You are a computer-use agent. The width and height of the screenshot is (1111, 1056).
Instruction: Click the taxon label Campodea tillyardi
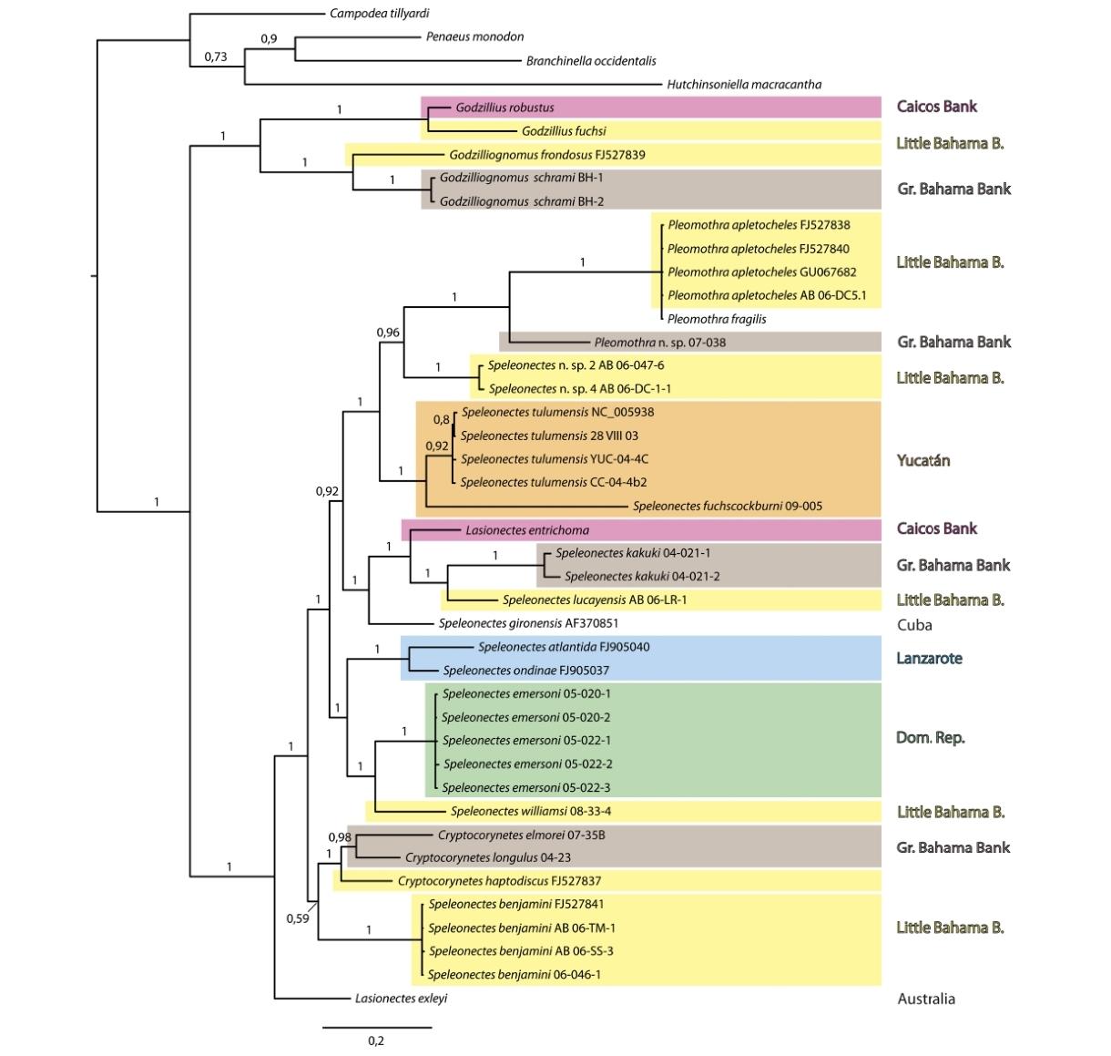pos(379,13)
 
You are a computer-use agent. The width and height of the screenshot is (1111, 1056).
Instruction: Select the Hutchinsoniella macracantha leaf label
pos(744,84)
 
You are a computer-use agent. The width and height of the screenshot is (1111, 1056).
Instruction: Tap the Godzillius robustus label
pos(505,107)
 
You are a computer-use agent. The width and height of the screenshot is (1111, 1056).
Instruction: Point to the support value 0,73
pos(215,56)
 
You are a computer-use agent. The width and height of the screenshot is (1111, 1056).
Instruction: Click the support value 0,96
pos(388,333)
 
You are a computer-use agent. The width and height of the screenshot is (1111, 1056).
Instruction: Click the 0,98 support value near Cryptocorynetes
pos(340,837)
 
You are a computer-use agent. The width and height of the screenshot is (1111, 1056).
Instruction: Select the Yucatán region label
pos(922,460)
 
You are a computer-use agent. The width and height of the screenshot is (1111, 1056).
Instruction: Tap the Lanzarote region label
pos(929,658)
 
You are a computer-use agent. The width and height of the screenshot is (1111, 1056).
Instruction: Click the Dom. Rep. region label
pos(930,737)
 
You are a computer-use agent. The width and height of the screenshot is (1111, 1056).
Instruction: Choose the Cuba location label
pos(914,624)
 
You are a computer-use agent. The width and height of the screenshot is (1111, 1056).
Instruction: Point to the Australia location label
pos(926,999)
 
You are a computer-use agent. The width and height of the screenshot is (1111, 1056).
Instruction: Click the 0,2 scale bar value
pos(376,1041)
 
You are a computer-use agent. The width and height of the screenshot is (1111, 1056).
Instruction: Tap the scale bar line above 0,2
pos(377,1027)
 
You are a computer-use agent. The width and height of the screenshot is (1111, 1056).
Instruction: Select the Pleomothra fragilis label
pos(717,319)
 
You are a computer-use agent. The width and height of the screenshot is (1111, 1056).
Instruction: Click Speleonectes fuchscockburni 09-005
pos(728,506)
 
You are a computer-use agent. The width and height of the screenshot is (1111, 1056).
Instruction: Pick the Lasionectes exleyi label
pos(401,999)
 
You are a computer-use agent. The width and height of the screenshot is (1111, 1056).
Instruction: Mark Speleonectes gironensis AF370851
pos(528,622)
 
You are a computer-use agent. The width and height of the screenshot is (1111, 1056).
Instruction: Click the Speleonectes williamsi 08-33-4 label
pos(531,811)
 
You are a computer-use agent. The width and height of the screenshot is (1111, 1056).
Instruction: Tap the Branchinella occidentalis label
pos(591,60)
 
